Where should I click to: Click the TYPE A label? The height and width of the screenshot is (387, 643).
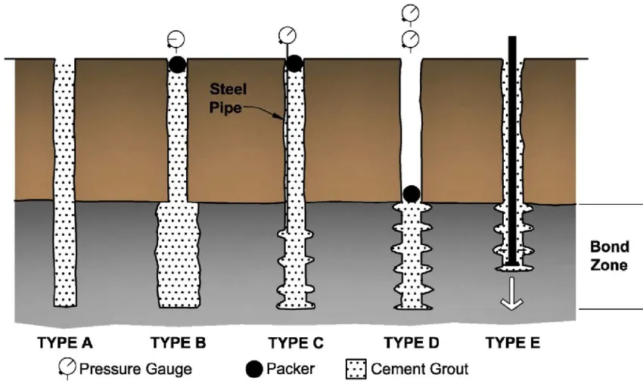pyautogui.click(x=65, y=343)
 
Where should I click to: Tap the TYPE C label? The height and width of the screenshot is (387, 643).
pyautogui.click(x=296, y=343)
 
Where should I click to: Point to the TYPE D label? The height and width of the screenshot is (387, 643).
pyautogui.click(x=411, y=343)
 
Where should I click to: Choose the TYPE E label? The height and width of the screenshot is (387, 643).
pyautogui.click(x=512, y=343)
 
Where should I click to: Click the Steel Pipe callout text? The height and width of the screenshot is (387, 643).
pyautogui.click(x=228, y=98)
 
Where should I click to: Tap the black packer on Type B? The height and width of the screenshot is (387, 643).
pyautogui.click(x=176, y=65)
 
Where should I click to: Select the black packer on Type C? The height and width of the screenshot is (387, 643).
pyautogui.click(x=294, y=65)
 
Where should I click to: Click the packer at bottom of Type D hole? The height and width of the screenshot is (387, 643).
pyautogui.click(x=411, y=194)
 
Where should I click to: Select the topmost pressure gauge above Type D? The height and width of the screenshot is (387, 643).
pyautogui.click(x=409, y=13)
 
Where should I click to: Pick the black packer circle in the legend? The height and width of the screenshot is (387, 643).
pyautogui.click(x=256, y=369)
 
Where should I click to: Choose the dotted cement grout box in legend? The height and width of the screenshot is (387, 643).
pyautogui.click(x=356, y=369)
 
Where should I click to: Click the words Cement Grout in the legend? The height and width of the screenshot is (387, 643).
pyautogui.click(x=419, y=369)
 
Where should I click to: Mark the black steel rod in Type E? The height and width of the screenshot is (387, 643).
pyautogui.click(x=513, y=151)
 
